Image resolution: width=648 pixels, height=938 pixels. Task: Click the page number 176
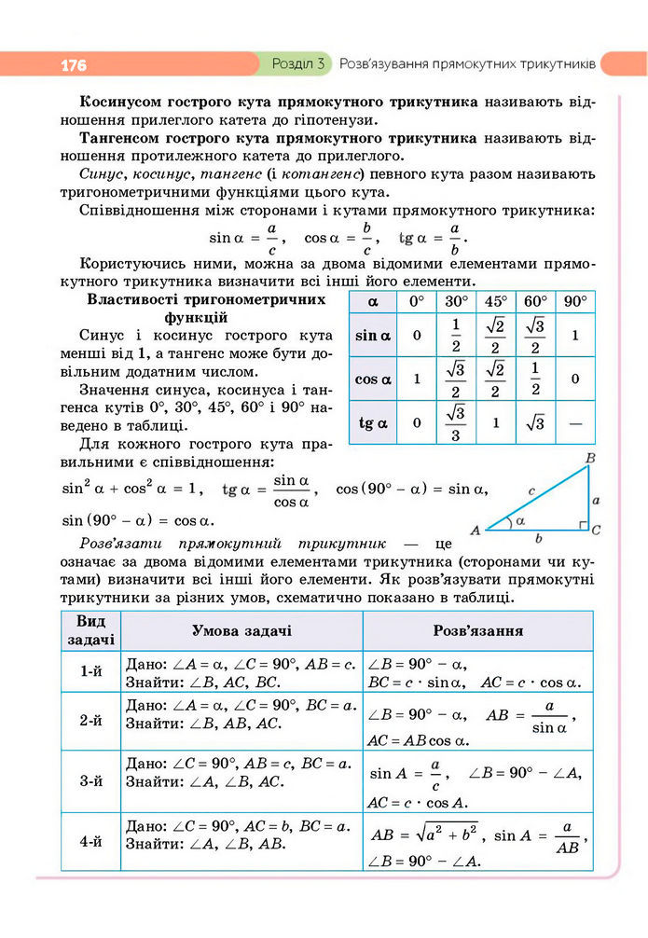(x=74, y=65)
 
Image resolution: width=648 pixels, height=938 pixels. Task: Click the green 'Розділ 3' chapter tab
(x=296, y=64)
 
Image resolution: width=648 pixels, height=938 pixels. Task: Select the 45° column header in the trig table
(x=494, y=302)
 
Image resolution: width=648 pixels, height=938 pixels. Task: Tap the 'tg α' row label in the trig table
(x=373, y=423)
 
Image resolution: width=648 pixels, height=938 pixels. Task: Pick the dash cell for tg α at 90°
(x=574, y=423)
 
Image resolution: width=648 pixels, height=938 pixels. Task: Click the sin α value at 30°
(x=455, y=335)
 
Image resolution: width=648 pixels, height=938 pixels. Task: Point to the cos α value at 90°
(x=574, y=379)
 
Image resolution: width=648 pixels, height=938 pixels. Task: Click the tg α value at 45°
(x=494, y=423)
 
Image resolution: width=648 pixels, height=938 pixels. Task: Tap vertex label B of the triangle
(x=589, y=459)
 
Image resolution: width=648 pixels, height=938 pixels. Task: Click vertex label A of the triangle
(x=475, y=531)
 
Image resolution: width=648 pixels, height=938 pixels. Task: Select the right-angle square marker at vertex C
(x=583, y=527)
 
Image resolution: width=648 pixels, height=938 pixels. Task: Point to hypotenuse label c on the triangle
(x=531, y=489)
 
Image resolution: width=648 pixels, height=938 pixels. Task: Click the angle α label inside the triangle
(x=519, y=522)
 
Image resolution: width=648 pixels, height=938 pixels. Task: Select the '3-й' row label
(x=90, y=781)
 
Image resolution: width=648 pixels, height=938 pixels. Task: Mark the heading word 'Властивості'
(x=132, y=299)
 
